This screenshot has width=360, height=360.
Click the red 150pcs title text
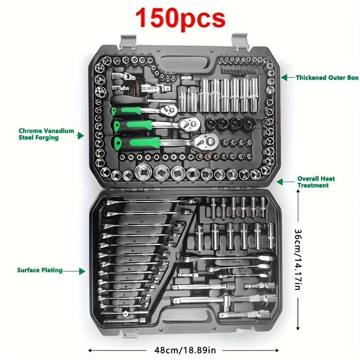[180, 18]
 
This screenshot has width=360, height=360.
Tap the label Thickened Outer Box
[327, 78]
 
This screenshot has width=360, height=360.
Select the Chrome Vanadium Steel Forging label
[46, 134]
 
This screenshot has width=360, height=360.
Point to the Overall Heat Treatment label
[316, 182]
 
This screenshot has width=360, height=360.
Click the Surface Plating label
[40, 270]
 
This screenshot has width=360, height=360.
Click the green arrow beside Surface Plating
[81, 271]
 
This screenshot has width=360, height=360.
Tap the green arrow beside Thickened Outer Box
[285, 77]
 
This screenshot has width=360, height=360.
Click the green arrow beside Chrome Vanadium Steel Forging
[81, 135]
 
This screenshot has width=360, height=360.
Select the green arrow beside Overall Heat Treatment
[279, 182]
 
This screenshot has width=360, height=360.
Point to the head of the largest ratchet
[207, 141]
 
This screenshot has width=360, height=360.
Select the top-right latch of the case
[241, 41]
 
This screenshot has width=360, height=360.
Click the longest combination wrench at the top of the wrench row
[148, 202]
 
